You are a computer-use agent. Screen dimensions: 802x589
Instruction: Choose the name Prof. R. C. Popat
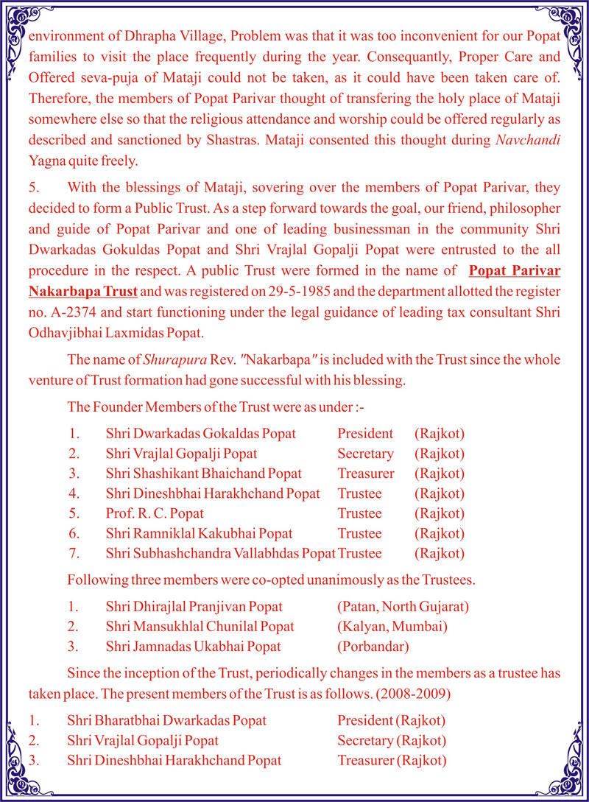coord(154,513)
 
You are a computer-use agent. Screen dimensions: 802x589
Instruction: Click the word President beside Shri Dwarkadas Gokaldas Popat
coord(365,434)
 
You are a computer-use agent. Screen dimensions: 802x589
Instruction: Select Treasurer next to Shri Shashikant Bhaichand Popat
coord(366,474)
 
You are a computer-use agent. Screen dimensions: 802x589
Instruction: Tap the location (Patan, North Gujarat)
coord(403,607)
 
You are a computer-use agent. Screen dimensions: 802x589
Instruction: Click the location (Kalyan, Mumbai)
coord(391,627)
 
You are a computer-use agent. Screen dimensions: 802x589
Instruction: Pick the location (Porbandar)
coord(373,647)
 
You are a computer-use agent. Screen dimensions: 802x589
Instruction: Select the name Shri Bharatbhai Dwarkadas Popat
coord(166,720)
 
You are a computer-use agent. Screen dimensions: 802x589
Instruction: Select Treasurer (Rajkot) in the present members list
coord(392,760)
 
